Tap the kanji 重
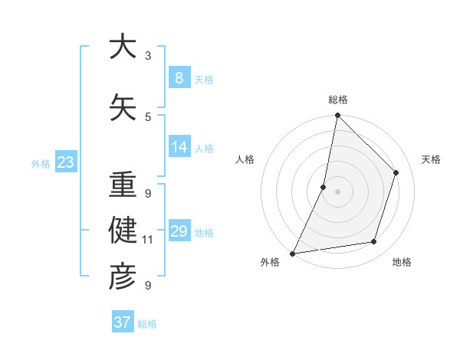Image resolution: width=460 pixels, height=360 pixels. (123, 185)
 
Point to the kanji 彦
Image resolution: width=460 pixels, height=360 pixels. (123, 277)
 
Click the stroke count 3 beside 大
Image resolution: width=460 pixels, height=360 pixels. (148, 56)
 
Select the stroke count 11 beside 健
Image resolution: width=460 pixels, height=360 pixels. (148, 240)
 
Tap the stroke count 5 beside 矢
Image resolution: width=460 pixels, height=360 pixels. (148, 116)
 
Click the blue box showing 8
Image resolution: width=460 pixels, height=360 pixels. (179, 77)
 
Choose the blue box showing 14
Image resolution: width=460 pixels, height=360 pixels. (179, 146)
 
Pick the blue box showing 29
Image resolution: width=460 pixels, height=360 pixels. (179, 231)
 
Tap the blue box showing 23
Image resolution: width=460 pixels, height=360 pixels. (65, 162)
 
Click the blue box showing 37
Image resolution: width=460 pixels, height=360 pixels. (122, 322)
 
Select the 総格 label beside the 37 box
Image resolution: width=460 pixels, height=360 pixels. (147, 324)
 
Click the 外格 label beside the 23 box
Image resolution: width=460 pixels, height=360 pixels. (40, 163)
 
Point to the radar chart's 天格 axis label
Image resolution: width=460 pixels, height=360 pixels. (431, 159)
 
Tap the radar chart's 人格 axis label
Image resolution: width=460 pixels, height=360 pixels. (245, 159)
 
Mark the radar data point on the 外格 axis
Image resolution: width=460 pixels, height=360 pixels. (292, 253)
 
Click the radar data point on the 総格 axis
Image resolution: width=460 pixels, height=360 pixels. (337, 115)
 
